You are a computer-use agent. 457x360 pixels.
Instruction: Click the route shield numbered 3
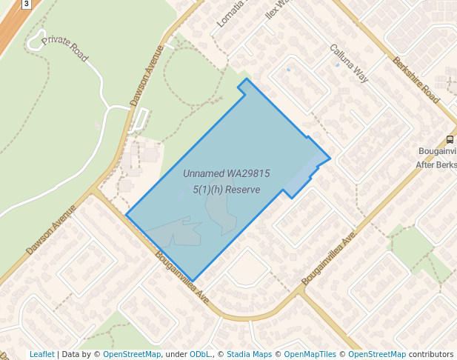(27, 4)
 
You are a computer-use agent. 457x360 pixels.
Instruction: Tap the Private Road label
(66, 48)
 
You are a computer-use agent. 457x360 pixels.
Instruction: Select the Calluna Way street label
(349, 63)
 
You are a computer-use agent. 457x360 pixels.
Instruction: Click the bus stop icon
(450, 139)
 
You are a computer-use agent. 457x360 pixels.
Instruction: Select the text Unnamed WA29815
(226, 173)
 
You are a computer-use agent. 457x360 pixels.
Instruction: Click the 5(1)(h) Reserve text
(226, 190)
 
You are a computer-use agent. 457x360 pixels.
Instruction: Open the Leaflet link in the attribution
(41, 354)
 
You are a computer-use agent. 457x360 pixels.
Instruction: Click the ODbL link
(201, 354)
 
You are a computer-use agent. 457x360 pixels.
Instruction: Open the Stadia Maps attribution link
(250, 354)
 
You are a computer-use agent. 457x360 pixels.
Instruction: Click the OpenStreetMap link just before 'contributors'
(377, 354)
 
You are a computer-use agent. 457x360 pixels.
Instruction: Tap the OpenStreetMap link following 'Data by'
(132, 354)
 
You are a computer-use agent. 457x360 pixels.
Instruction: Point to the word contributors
(430, 354)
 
